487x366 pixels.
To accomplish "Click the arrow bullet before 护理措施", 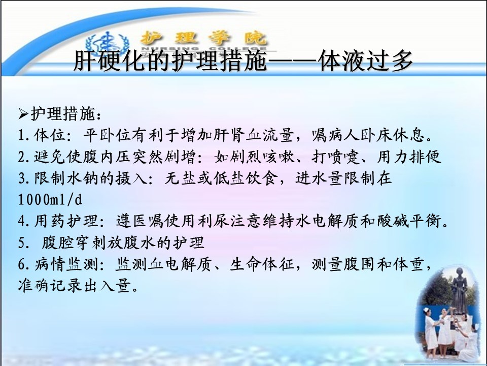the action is (23, 114).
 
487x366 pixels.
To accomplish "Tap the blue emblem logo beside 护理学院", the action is (107, 45).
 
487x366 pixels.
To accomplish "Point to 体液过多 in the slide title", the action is (366, 60).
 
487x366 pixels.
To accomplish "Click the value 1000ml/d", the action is (50, 199).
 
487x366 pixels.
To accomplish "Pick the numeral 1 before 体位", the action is (21, 135).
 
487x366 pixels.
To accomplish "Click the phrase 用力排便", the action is (409, 157).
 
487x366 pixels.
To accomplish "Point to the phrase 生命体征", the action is (262, 264).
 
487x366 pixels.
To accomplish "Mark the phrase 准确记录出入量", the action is (75, 286).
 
